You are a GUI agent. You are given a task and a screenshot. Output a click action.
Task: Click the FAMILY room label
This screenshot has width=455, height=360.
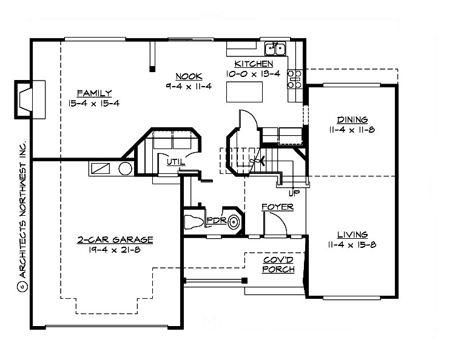tap(94, 93)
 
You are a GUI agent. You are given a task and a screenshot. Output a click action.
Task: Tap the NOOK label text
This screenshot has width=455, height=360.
tap(184, 76)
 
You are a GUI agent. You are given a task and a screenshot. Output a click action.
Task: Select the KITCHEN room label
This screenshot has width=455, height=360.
tap(254, 64)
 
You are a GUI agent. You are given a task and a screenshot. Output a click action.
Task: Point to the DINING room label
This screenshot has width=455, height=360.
tap(352, 119)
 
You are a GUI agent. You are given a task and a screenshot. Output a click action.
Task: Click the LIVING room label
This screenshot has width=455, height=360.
tap(352, 235)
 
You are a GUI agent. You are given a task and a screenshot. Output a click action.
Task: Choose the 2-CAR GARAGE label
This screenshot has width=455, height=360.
tap(115, 240)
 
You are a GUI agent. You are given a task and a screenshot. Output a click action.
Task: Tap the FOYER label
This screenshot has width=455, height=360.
tap(277, 207)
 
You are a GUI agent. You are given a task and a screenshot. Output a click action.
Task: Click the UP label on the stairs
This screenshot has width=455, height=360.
tap(295, 193)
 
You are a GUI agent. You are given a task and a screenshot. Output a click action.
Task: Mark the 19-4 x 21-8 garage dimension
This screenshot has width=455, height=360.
tap(115, 250)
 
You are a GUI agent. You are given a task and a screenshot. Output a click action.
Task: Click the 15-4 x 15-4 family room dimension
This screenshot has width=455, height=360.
tap(94, 103)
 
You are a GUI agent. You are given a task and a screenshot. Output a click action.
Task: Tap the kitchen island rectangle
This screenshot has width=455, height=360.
tap(243, 93)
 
